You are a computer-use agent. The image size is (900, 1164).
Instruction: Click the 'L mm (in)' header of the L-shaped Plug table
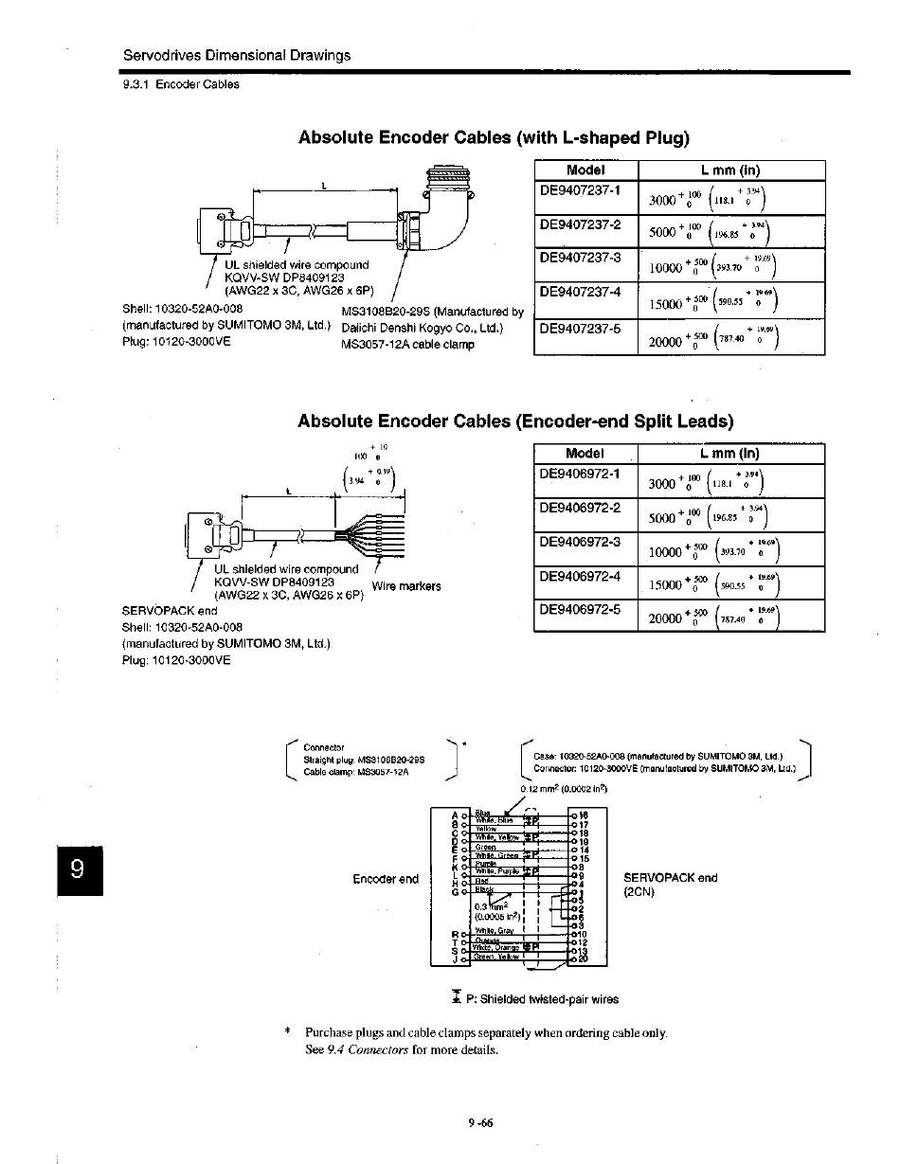pos(730,170)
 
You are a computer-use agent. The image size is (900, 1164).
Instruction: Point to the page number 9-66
pos(480,1124)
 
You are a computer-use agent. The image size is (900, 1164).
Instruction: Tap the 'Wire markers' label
pos(406,586)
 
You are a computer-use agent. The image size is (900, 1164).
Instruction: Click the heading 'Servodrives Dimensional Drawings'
pos(237,55)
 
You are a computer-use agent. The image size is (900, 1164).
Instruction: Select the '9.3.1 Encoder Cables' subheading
pos(181,84)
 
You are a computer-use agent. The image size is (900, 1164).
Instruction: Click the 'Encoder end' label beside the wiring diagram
pos(386,879)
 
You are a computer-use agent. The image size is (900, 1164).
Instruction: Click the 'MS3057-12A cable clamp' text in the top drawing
pos(407,344)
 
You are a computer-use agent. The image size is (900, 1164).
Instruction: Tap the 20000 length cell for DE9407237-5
pos(730,337)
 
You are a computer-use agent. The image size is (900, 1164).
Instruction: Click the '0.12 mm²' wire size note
pos(564,789)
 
